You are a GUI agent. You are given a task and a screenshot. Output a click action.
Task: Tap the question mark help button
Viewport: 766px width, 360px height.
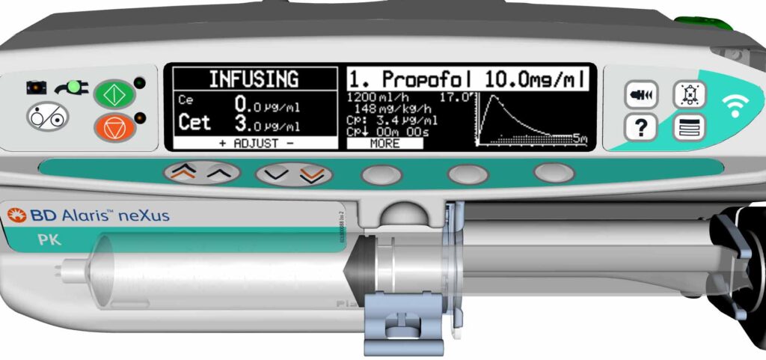[x=640, y=129]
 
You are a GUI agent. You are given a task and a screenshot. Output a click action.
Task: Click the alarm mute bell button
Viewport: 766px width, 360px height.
[x=687, y=94]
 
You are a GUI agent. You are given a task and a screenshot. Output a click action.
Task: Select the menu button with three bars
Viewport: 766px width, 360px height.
[x=687, y=129]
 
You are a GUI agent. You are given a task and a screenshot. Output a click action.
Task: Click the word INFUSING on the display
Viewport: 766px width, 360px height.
[x=253, y=79]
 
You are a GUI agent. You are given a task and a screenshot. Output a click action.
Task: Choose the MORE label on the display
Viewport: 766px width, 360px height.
[x=384, y=142]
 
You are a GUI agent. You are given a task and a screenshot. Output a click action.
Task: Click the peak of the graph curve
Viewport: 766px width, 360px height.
[x=487, y=98]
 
